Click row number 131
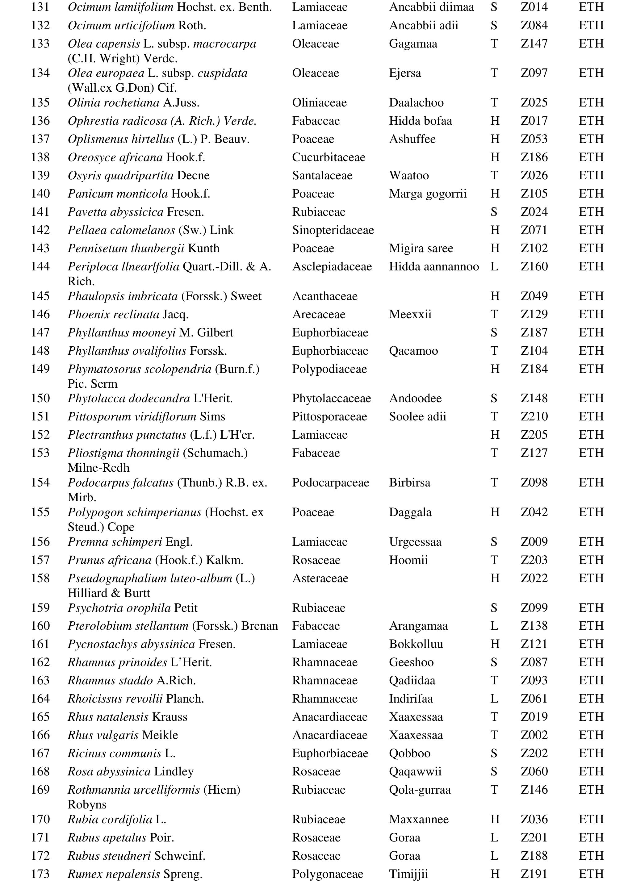[x=40, y=7]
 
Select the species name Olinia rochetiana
[x=113, y=103]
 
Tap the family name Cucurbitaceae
[x=328, y=157]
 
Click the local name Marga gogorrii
[x=428, y=194]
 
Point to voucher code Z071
[x=534, y=230]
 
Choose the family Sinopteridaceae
[x=333, y=230]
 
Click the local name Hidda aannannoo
[x=434, y=266]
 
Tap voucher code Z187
[x=534, y=332]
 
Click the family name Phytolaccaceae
[x=331, y=398]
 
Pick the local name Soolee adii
[x=417, y=416]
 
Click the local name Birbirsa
[x=409, y=482]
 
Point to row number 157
[x=40, y=560]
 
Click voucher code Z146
[x=534, y=789]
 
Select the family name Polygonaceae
[x=328, y=874]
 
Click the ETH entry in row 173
[x=591, y=874]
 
